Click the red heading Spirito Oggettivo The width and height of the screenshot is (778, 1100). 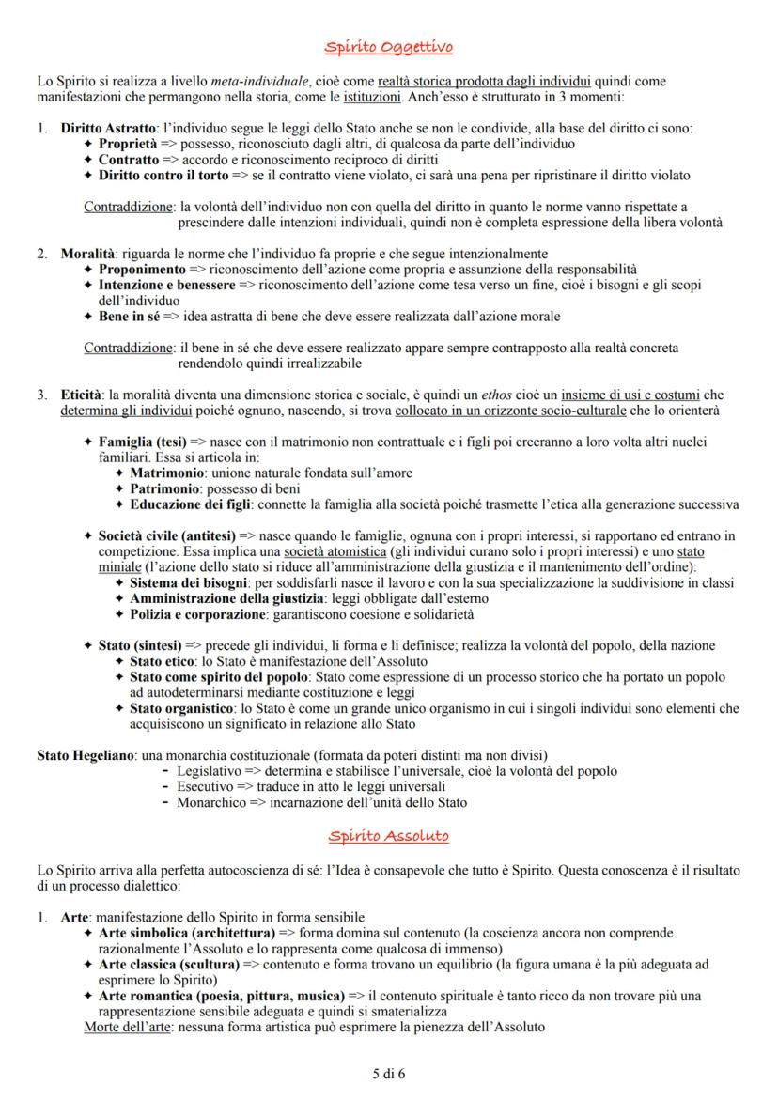(x=389, y=47)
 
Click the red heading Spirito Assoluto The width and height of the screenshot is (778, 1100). (x=389, y=835)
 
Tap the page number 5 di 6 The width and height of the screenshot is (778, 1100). (x=389, y=1071)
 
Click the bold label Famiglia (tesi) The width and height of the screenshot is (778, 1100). (x=143, y=442)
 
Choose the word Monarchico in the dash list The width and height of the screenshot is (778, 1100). (x=210, y=802)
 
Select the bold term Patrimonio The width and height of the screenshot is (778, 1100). (x=163, y=488)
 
